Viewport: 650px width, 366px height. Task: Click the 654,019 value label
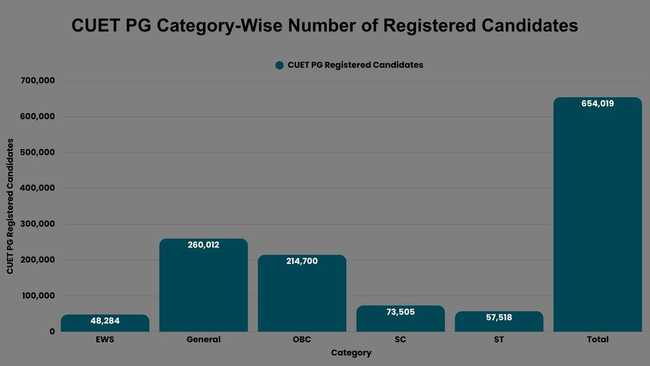[597, 104]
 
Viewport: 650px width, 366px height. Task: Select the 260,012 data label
[203, 245]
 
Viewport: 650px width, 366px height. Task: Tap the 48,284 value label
[105, 321]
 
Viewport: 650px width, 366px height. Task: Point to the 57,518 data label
[499, 317]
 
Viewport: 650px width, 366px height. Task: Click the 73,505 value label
[400, 312]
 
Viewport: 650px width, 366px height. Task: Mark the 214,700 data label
[302, 261]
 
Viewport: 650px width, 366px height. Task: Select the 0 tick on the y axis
[52, 331]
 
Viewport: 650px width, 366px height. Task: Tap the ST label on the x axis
[499, 339]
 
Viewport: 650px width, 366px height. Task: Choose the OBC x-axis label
[302, 339]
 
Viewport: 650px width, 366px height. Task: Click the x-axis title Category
[351, 353]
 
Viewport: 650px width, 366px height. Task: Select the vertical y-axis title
[10, 206]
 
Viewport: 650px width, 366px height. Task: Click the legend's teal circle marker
[279, 65]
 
